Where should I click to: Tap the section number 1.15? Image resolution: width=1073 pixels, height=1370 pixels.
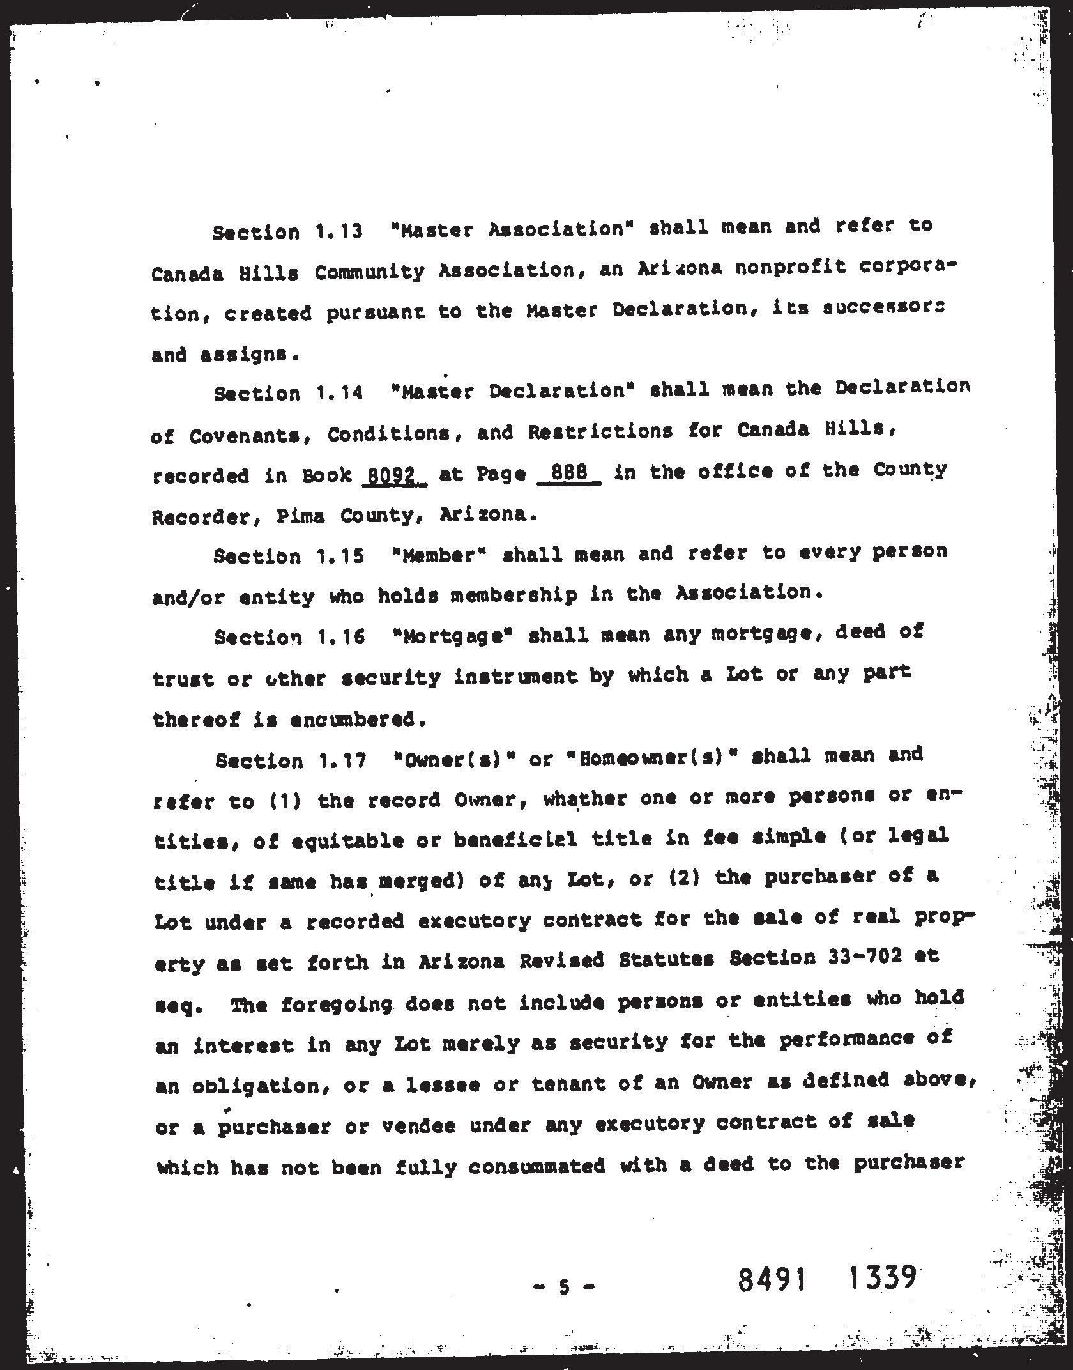(x=340, y=556)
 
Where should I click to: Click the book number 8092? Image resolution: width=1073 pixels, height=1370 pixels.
(x=393, y=475)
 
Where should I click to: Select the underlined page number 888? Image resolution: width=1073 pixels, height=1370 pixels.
(x=569, y=474)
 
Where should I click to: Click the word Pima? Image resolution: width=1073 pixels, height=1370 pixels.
(x=301, y=515)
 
